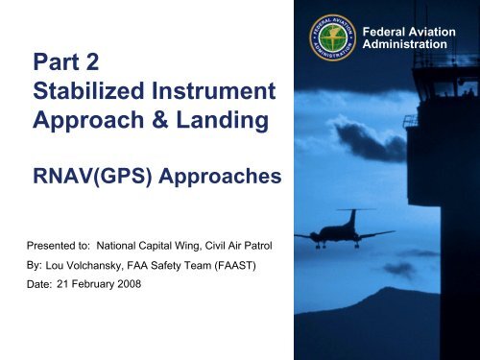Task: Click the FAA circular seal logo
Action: (337, 39)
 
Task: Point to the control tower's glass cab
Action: (443, 86)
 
